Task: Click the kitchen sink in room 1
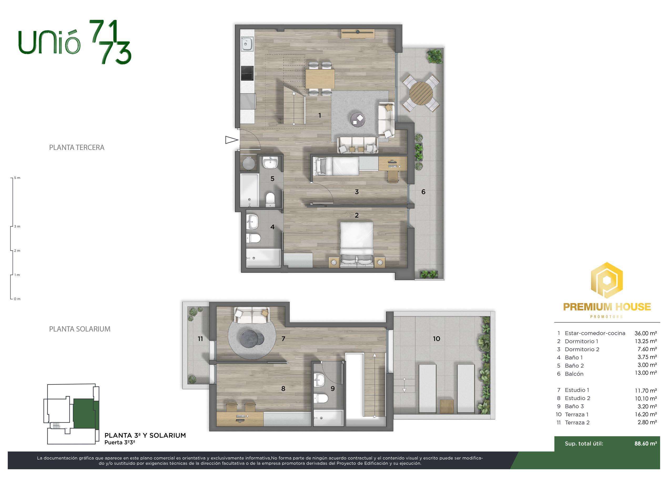(247, 44)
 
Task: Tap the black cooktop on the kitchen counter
(247, 73)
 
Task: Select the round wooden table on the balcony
(421, 93)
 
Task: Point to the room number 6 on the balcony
(423, 192)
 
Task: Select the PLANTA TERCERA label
(77, 147)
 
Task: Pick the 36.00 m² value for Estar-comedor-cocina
(645, 333)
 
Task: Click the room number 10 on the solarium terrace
(436, 339)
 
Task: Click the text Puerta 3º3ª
(119, 442)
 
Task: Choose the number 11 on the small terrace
(200, 339)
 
